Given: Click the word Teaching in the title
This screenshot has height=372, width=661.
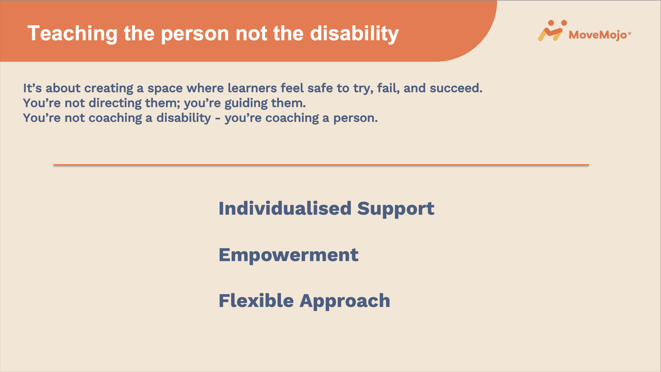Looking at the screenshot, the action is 73,34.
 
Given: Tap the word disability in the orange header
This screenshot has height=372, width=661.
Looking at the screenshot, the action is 354,34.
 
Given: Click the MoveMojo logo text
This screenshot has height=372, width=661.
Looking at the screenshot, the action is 598,35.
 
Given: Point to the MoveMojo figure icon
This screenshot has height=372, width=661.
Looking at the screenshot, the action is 552,30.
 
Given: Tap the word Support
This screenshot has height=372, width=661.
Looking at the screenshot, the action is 396,209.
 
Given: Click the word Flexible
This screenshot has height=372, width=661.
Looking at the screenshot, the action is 256,301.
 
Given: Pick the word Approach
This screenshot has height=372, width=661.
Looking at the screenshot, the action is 345,301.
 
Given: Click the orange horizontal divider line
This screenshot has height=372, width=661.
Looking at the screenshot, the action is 321,165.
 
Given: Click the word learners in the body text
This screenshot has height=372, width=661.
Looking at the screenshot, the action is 252,88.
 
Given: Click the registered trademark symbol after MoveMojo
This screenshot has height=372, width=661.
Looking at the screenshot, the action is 629,33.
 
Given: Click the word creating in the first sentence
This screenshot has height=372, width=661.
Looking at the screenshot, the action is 109,88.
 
